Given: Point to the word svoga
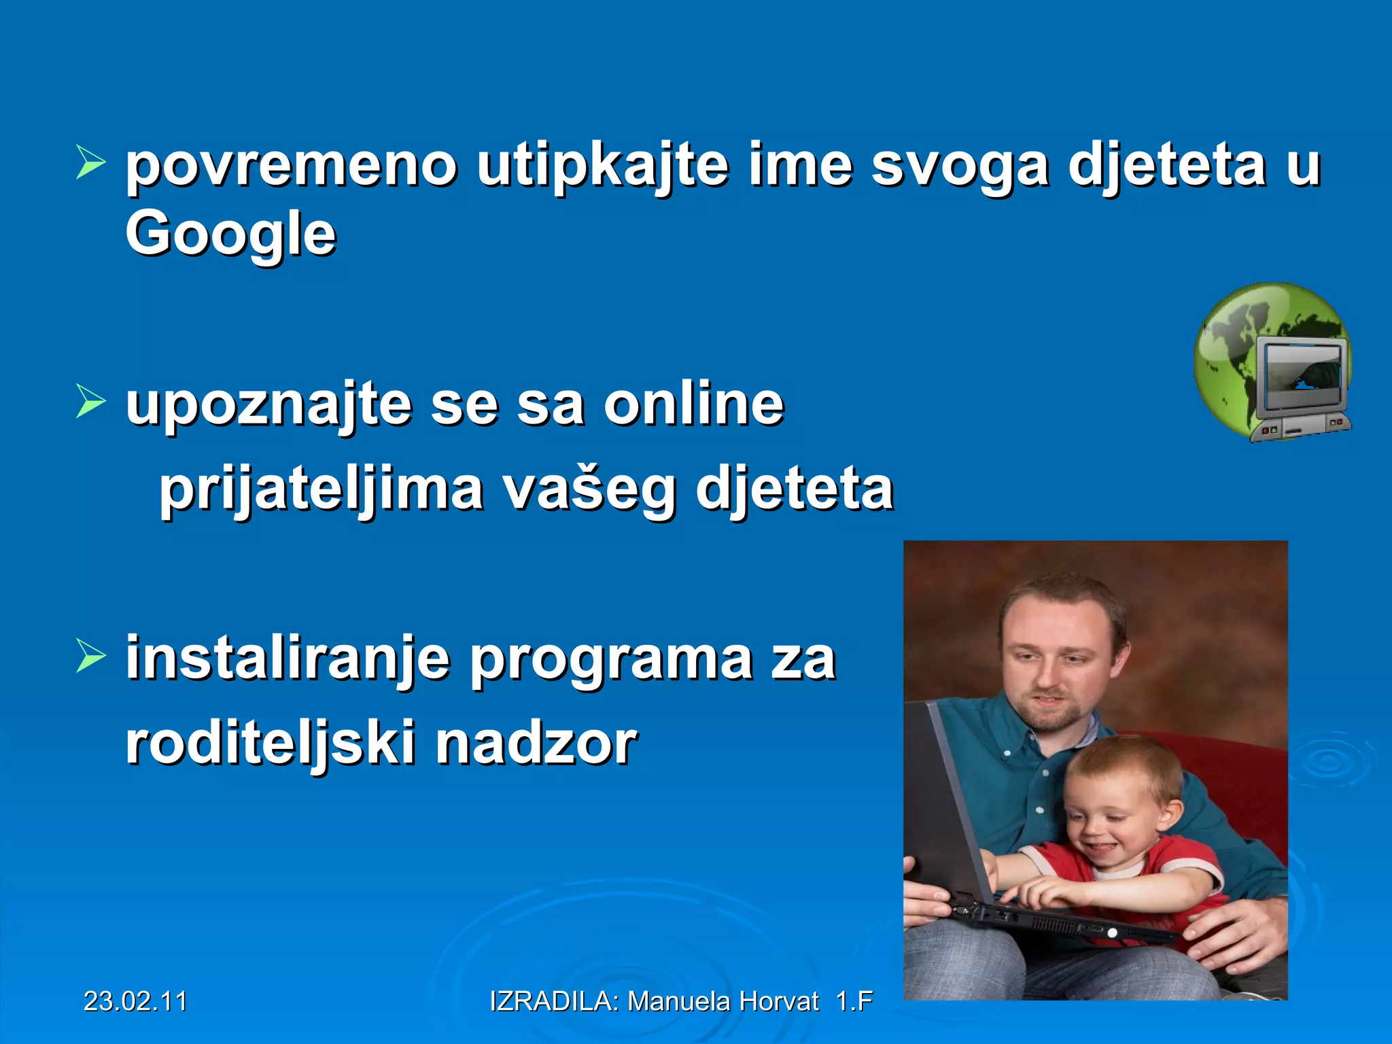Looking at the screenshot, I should pyautogui.click(x=960, y=167).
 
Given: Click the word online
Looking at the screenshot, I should pyautogui.click(x=694, y=404).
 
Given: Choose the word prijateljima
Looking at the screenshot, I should pyautogui.click(x=321, y=489).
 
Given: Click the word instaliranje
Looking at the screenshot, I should pyautogui.click(x=288, y=659).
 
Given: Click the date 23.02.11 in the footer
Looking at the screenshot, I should pyautogui.click(x=135, y=1001).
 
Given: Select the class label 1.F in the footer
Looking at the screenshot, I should pyautogui.click(x=854, y=1001).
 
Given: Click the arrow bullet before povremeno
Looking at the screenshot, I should pyautogui.click(x=90, y=162).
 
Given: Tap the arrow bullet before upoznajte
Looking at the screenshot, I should pyautogui.click(x=90, y=401).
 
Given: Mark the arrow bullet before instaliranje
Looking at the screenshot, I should pyautogui.click(x=90, y=656).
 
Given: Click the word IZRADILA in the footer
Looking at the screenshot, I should pyautogui.click(x=553, y=1001).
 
